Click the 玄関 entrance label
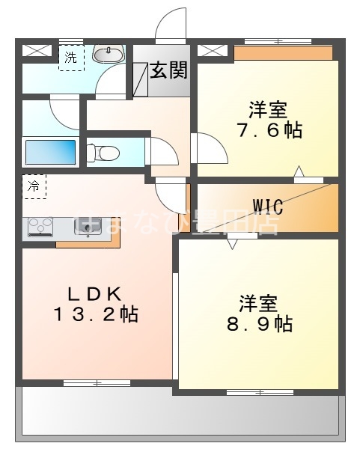[x=168, y=72]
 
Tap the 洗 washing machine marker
[x=70, y=57]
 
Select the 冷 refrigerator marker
[x=34, y=186]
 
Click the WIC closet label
[x=267, y=204]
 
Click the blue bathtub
[x=49, y=152]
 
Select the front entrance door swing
[x=171, y=25]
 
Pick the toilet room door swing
[x=162, y=151]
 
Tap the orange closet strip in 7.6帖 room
[x=283, y=53]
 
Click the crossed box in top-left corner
[x=34, y=52]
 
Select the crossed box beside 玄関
[x=210, y=52]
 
